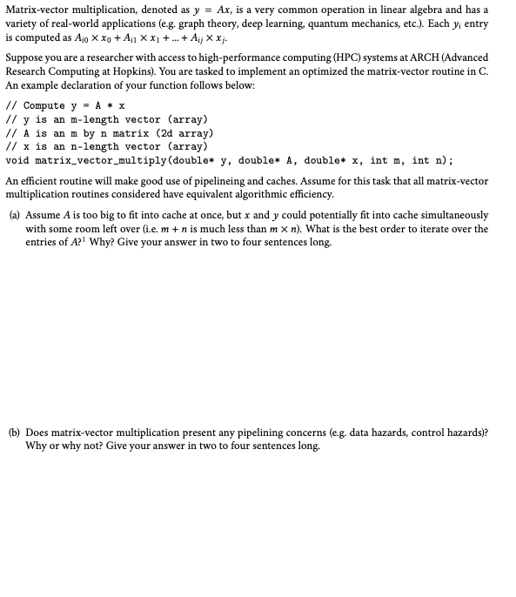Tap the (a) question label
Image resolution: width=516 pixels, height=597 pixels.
click(14, 215)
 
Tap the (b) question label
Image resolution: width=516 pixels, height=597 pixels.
click(14, 432)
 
